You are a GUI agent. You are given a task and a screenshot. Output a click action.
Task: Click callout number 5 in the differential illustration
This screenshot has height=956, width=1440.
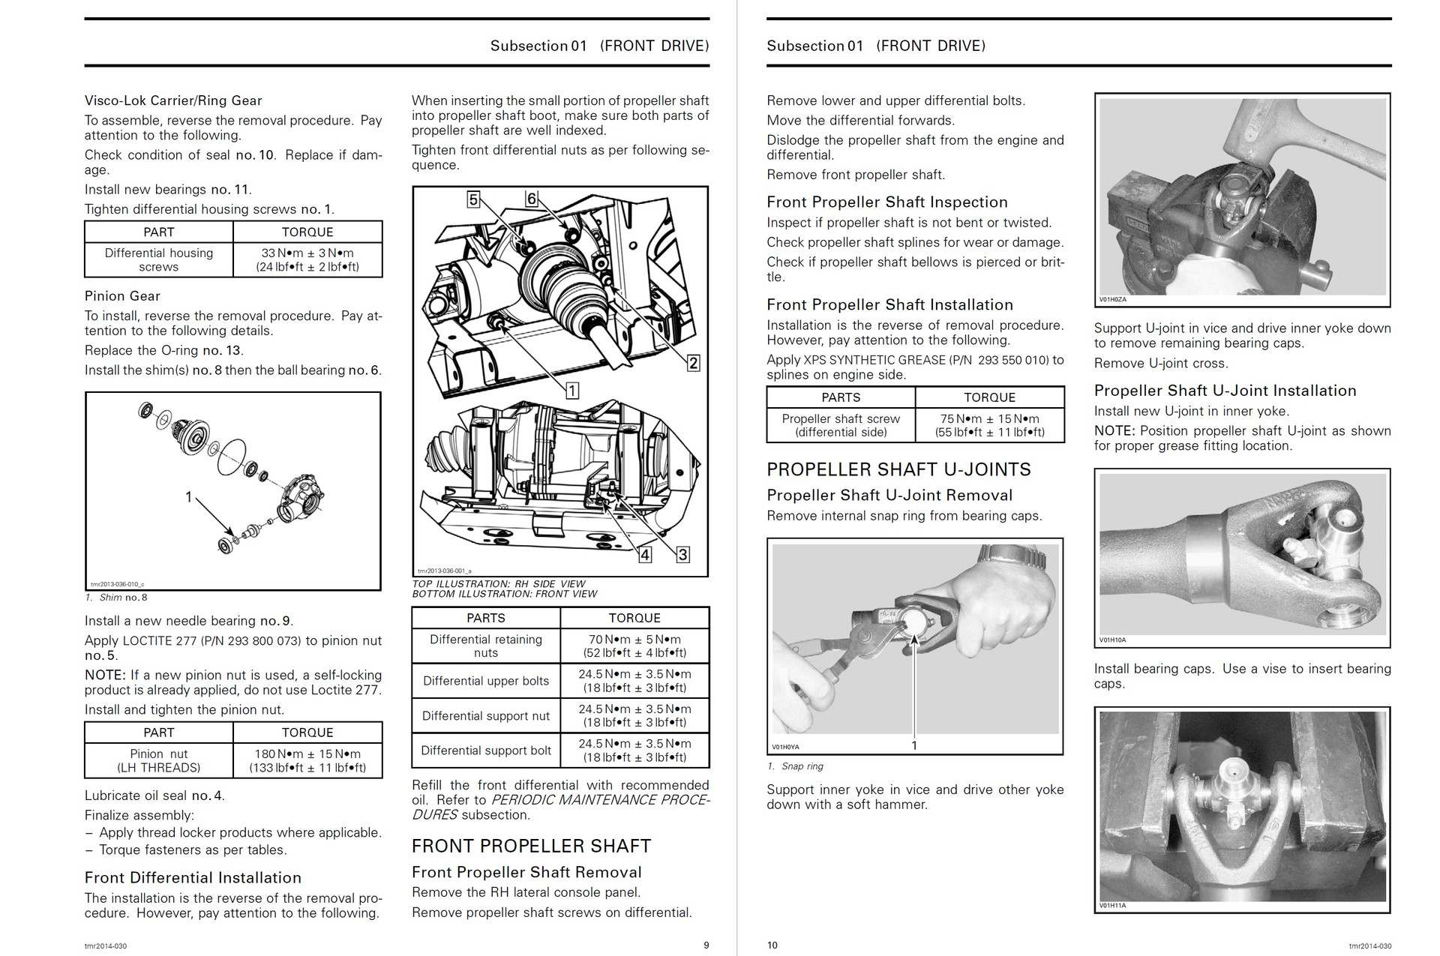pyautogui.click(x=473, y=199)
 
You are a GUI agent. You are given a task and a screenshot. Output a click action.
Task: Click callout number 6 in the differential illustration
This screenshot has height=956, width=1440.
pyautogui.click(x=532, y=199)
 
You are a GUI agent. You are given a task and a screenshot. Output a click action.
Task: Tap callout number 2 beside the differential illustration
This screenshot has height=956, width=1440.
pyautogui.click(x=694, y=363)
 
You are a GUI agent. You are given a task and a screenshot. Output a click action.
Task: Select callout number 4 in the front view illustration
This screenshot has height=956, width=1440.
pyautogui.click(x=645, y=555)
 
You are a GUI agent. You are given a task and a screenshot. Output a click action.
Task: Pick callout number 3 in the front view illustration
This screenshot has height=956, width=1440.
pyautogui.click(x=682, y=555)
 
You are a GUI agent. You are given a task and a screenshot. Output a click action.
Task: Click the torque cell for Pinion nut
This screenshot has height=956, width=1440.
pyautogui.click(x=307, y=760)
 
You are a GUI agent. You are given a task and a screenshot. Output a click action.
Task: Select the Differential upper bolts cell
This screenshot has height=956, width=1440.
pyautogui.click(x=486, y=681)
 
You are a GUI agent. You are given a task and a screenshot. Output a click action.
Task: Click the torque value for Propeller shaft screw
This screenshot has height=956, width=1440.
pyautogui.click(x=989, y=425)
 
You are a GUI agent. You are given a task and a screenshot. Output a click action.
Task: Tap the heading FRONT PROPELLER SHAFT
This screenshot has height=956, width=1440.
pyautogui.click(x=531, y=846)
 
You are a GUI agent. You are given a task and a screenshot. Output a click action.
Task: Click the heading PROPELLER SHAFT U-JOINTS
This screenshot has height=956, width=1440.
pyautogui.click(x=898, y=469)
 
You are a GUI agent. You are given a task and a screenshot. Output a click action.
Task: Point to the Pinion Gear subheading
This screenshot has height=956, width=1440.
pyautogui.click(x=122, y=295)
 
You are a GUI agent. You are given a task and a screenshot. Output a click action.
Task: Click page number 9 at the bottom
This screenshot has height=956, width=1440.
pyautogui.click(x=706, y=946)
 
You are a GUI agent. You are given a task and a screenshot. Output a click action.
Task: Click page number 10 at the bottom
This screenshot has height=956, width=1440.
pyautogui.click(x=772, y=946)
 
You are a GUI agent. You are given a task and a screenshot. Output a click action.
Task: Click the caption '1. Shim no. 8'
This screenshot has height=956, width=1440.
pyautogui.click(x=116, y=598)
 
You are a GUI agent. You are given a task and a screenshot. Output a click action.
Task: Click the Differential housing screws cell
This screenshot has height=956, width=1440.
pyautogui.click(x=158, y=259)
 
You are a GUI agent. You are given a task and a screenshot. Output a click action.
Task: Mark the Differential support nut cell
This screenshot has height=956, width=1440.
pyautogui.click(x=486, y=715)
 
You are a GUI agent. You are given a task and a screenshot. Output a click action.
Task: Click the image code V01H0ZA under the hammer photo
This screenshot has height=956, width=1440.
pyautogui.click(x=1112, y=299)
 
